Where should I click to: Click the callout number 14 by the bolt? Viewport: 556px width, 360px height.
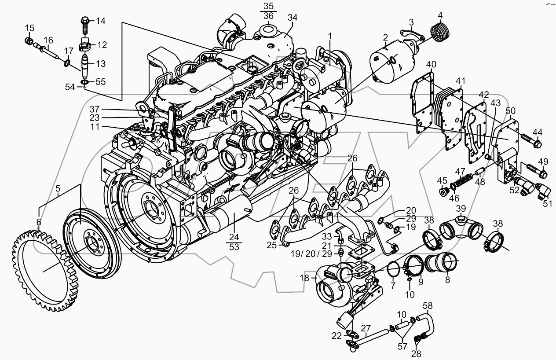point(101,21)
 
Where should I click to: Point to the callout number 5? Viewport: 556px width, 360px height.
point(58,190)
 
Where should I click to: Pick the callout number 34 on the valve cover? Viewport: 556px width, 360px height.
point(293,17)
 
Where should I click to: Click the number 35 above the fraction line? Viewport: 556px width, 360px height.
point(268,6)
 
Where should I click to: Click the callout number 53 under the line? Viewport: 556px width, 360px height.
point(234,247)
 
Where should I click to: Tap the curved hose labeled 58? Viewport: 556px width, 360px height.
point(428,323)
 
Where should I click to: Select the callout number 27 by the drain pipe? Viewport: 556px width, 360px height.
point(366,327)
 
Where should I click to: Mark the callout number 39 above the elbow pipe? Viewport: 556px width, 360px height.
point(460,208)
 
